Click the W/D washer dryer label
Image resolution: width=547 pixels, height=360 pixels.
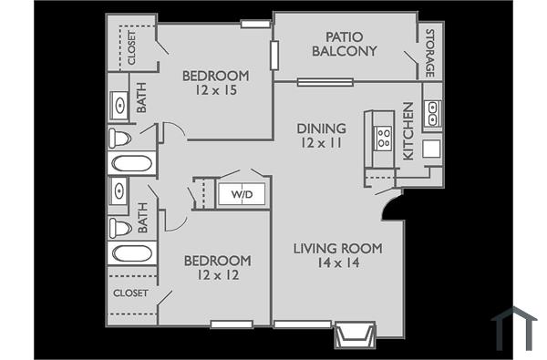(x=242, y=194)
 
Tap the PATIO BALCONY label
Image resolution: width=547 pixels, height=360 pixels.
(x=344, y=45)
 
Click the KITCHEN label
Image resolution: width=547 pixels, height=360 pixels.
(x=408, y=131)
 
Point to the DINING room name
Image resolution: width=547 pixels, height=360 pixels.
(x=321, y=129)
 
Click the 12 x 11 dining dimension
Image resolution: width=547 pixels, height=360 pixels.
(x=321, y=143)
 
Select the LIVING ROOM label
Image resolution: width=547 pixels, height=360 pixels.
(x=337, y=248)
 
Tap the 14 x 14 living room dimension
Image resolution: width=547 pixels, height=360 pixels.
(x=337, y=262)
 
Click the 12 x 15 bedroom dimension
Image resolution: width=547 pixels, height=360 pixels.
(x=215, y=89)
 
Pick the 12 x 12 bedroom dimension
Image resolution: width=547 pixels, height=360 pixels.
(x=217, y=274)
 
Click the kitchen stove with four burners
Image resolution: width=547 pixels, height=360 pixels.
(x=384, y=138)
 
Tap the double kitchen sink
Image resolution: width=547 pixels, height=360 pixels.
(x=432, y=114)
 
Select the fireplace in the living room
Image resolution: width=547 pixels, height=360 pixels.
(x=355, y=334)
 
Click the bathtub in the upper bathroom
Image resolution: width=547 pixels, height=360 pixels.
(x=131, y=165)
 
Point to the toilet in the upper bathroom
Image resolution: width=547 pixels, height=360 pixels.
(x=119, y=139)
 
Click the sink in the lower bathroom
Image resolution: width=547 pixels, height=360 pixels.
(x=119, y=192)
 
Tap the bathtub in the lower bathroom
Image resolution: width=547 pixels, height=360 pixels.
(x=131, y=252)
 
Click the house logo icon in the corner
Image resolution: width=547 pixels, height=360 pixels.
(x=513, y=327)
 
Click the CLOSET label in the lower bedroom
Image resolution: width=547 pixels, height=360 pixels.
(x=130, y=293)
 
